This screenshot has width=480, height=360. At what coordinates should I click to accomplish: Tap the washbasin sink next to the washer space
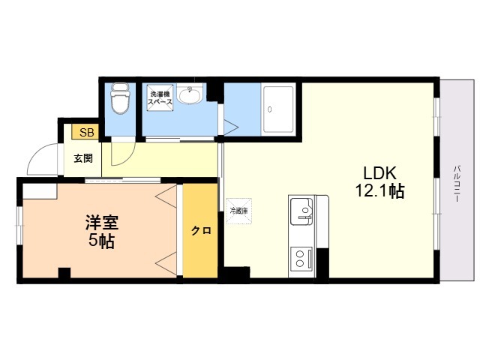(x=190, y=97)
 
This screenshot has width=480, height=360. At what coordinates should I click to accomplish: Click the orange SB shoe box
(x=86, y=133)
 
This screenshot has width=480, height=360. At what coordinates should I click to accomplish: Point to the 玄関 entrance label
(x=82, y=158)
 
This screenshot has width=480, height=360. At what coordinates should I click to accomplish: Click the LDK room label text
(x=379, y=171)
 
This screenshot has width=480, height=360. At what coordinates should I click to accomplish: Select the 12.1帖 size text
(x=379, y=191)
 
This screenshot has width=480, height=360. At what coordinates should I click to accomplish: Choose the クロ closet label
(x=200, y=231)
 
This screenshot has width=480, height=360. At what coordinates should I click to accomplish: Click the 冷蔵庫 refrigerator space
(x=238, y=211)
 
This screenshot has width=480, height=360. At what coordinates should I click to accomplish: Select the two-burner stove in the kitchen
(x=302, y=259)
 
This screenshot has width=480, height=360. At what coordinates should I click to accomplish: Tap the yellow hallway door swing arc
(x=120, y=155)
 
